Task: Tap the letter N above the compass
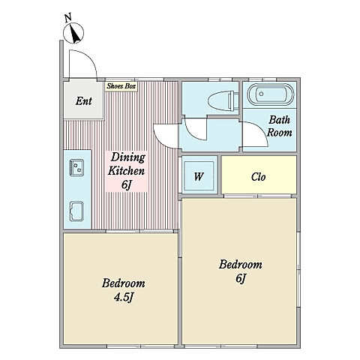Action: [67, 17]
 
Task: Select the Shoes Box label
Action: [121, 86]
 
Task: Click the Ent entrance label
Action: [83, 101]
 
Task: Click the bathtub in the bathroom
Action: [271, 94]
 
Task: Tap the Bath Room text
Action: [279, 126]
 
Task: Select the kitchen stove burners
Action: [76, 167]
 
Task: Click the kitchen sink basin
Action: [76, 211]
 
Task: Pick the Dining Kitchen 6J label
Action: [127, 171]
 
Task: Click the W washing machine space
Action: [199, 176]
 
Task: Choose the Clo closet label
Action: [258, 177]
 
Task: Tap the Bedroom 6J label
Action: [241, 271]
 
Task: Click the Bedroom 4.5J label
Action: [123, 290]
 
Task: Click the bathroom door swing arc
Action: [261, 129]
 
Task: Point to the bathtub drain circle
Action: [261, 94]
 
